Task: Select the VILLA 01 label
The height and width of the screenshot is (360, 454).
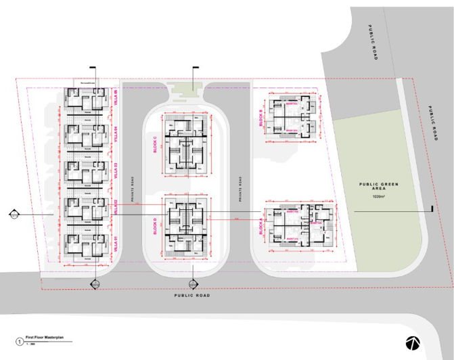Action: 116,242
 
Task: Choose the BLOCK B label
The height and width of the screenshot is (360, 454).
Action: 260,117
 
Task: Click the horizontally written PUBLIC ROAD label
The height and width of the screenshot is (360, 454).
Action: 191,296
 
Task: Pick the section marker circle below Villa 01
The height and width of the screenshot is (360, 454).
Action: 95,283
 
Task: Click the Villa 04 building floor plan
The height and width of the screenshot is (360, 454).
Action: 85,135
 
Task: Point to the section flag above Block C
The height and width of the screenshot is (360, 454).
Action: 196,68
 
